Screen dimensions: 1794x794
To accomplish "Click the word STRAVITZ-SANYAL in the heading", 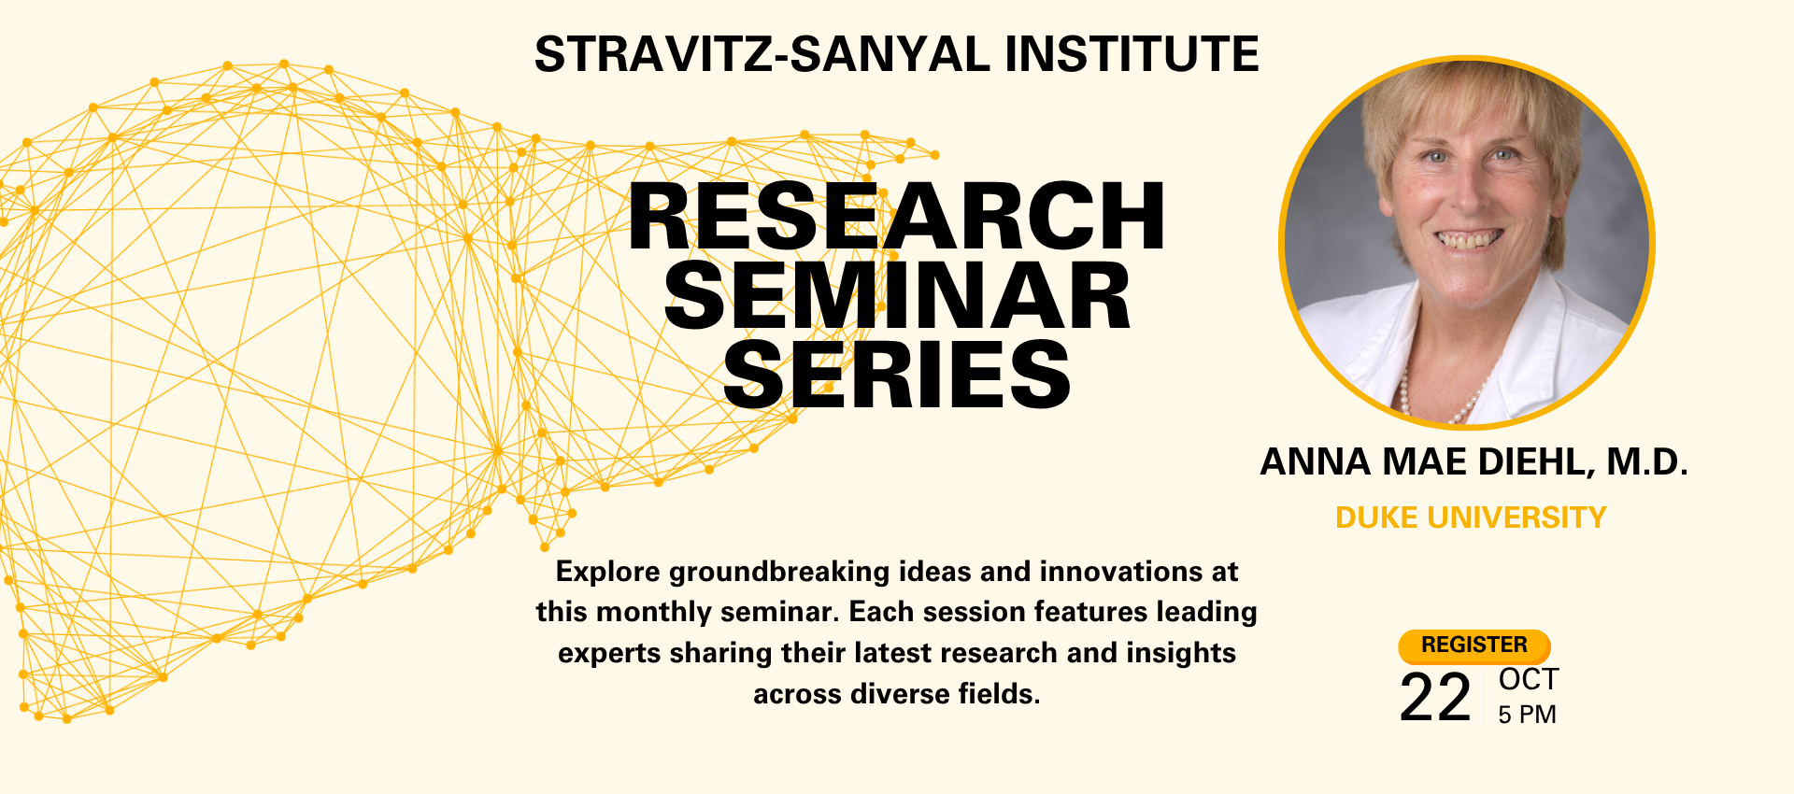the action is pos(762,54).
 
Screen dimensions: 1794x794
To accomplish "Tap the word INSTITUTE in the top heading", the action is pos(1132,54).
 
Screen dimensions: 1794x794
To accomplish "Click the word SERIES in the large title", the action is pos(897,375).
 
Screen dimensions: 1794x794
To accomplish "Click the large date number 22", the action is pos(1435,698).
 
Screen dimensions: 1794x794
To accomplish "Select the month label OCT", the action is pos(1529,679).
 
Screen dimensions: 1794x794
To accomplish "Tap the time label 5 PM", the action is pos(1527,715).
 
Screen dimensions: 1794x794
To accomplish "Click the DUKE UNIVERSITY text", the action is pos(1471,518).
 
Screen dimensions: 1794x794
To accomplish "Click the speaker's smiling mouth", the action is pos(1469,240).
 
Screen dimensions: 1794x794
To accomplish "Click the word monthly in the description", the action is pos(654,612).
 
